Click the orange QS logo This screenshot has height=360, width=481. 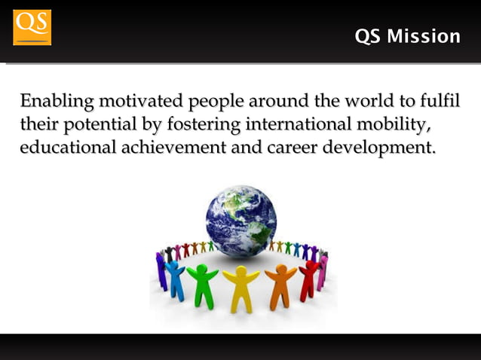pyautogui.click(x=32, y=27)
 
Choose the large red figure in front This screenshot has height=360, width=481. pyautogui.click(x=309, y=277)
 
